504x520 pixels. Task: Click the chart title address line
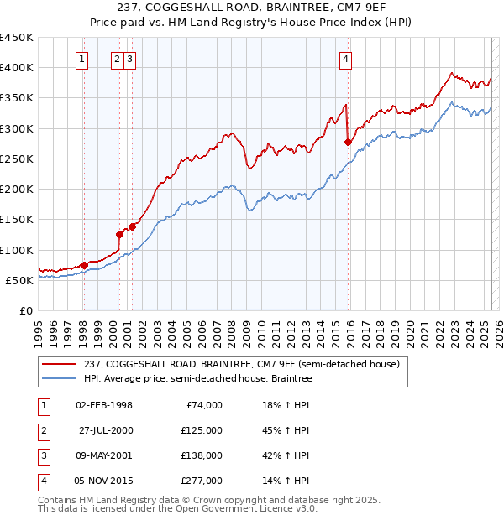point(251,8)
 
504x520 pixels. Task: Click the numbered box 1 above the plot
point(82,59)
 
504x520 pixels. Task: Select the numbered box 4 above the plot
point(346,59)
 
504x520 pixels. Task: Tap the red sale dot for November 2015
point(348,143)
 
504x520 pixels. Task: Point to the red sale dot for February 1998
point(84,266)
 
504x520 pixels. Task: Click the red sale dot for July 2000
point(119,235)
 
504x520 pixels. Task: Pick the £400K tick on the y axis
point(17,68)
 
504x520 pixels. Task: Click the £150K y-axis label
point(17,220)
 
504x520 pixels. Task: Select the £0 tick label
point(25,311)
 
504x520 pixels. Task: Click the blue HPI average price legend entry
point(197,379)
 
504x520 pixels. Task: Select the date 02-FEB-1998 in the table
point(104,405)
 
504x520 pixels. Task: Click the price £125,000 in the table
point(200,430)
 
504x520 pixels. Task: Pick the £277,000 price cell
point(200,481)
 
